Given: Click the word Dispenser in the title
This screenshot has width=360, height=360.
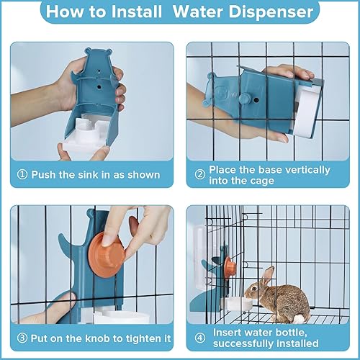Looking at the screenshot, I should (273, 12).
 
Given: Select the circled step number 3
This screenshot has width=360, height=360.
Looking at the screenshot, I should (22, 338).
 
